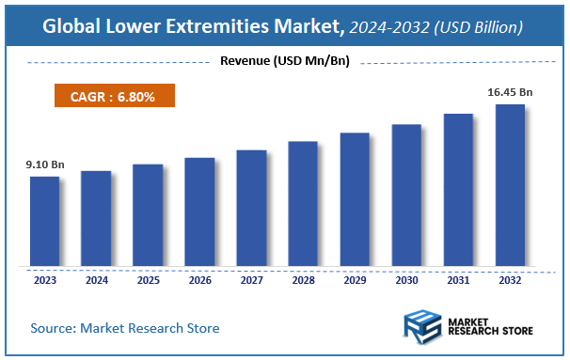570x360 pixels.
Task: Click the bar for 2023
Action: click(x=44, y=221)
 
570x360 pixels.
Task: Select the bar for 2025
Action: click(x=148, y=215)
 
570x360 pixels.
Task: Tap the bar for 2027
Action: click(x=251, y=208)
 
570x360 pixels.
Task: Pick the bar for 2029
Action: click(x=355, y=199)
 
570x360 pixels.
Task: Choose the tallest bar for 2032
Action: click(x=510, y=185)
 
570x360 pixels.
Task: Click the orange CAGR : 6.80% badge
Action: click(x=112, y=97)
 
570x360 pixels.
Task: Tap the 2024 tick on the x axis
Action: click(x=96, y=279)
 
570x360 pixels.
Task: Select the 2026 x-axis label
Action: click(x=199, y=279)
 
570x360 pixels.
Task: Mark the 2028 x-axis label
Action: click(x=303, y=279)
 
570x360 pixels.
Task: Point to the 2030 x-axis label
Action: click(x=406, y=279)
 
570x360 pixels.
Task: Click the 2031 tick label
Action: click(x=458, y=279)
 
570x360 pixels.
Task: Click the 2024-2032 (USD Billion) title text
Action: click(x=435, y=28)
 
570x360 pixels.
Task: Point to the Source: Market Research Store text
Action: click(x=125, y=328)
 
